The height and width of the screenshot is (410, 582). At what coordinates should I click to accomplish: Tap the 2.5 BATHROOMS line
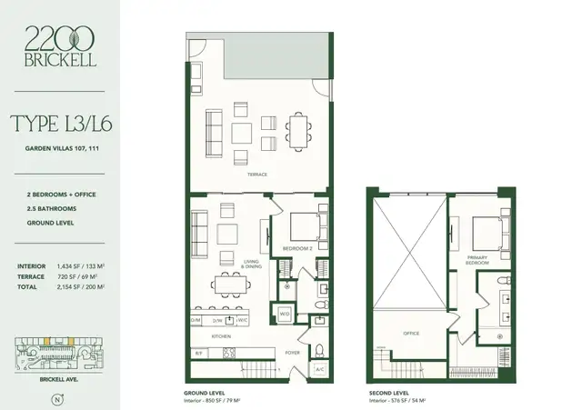coord(46,207)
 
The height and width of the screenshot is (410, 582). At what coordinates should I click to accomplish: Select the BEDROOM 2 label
coord(297,247)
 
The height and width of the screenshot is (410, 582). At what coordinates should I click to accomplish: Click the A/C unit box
coord(318,370)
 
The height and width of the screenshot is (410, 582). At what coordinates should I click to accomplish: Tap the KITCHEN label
coord(221,335)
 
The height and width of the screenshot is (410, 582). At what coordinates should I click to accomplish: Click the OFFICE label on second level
coord(412,333)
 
